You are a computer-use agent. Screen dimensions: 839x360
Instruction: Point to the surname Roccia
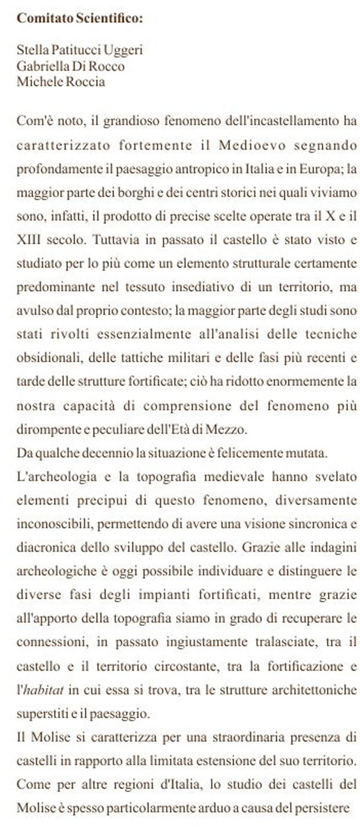[x=85, y=81]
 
